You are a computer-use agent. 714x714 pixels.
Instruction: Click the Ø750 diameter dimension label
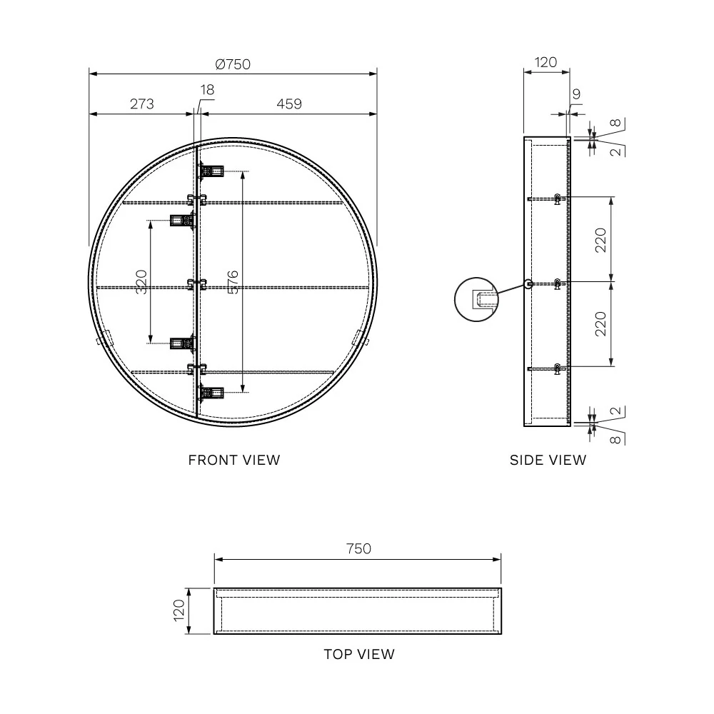pyautogui.click(x=233, y=64)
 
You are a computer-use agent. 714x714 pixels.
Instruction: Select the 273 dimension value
pyautogui.click(x=141, y=104)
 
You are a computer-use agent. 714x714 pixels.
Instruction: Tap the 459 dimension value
pyautogui.click(x=289, y=104)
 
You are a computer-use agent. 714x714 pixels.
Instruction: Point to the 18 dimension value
pyautogui.click(x=207, y=90)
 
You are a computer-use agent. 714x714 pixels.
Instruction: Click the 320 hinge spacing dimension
pyautogui.click(x=141, y=282)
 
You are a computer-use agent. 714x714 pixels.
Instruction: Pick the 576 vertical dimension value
pyautogui.click(x=232, y=282)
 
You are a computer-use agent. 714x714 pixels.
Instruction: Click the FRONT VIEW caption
pyautogui.click(x=234, y=460)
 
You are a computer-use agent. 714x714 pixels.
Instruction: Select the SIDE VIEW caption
pyautogui.click(x=548, y=460)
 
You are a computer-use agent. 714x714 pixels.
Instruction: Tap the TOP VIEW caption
pyautogui.click(x=359, y=654)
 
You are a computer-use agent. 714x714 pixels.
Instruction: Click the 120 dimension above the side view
pyautogui.click(x=545, y=62)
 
